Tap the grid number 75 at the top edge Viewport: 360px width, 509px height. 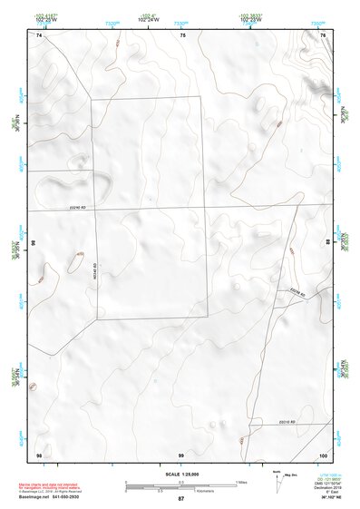[182, 34]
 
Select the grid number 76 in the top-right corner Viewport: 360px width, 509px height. [323, 34]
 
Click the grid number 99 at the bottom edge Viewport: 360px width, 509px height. [181, 455]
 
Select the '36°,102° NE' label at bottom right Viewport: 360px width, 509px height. [329, 497]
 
